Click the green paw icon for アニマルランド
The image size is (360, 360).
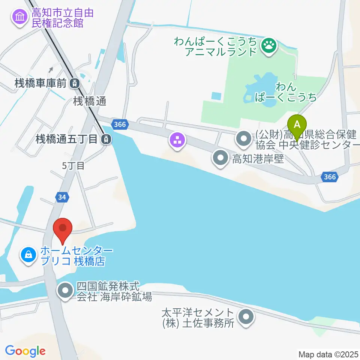tap(268, 46)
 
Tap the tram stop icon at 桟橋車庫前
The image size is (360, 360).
tap(75, 83)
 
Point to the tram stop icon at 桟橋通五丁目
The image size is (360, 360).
tap(107, 139)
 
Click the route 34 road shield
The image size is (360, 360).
tap(63, 197)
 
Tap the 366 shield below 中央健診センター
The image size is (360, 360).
tap(330, 177)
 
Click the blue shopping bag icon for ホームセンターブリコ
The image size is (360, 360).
tap(28, 255)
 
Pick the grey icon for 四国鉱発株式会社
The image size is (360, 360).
tap(66, 291)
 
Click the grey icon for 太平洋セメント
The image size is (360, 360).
tap(246, 317)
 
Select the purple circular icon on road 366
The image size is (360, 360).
tap(177, 140)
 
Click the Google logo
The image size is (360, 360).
tap(25, 351)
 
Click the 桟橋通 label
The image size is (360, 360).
tap(90, 100)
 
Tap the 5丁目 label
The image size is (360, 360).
tap(73, 166)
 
